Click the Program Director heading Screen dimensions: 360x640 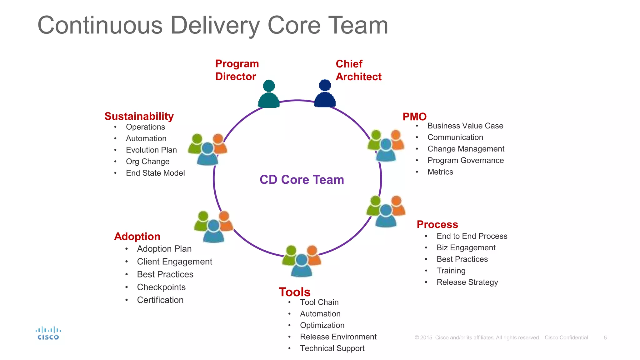tap(237, 70)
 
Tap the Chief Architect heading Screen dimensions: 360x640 tap(358, 70)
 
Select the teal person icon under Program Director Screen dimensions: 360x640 tap(269, 94)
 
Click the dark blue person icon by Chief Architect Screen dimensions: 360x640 tap(325, 93)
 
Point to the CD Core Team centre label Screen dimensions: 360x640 tap(302, 180)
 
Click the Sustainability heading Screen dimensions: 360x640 tap(139, 116)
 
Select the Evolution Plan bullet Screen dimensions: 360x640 tap(151, 150)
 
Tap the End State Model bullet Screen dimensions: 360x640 tap(155, 173)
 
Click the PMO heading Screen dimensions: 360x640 tap(414, 117)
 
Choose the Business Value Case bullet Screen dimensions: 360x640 tap(465, 126)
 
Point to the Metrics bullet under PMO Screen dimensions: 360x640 tap(440, 172)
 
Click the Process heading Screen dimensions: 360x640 tap(437, 224)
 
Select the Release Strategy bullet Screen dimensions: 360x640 tap(467, 282)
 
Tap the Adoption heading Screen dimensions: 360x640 tap(137, 237)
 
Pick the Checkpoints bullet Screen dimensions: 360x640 tap(161, 287)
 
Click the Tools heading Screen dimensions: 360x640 tap(294, 292)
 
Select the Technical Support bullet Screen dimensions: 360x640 tap(332, 348)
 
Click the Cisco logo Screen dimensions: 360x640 tap(48, 333)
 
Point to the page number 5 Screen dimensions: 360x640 tap(605, 338)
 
